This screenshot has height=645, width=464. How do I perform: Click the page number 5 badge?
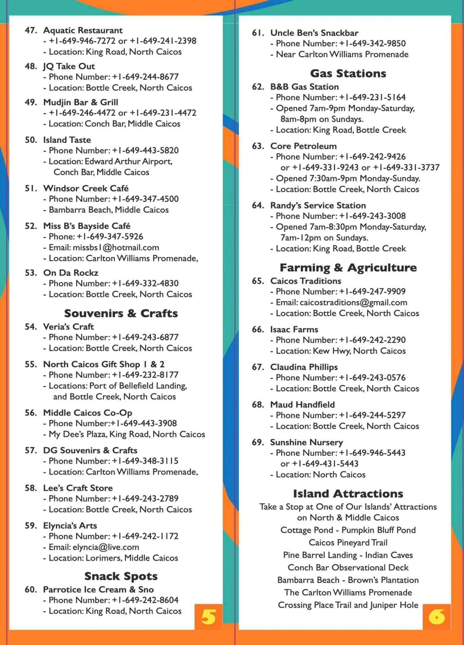click(208, 616)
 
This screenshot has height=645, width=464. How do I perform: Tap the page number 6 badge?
click(437, 616)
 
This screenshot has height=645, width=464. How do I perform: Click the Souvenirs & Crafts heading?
click(121, 313)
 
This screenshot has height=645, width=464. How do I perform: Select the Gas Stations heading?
click(348, 73)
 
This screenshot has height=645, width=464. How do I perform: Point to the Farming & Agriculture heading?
click(348, 267)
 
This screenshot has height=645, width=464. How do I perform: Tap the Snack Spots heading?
click(121, 576)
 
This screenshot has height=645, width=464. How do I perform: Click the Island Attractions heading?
click(348, 493)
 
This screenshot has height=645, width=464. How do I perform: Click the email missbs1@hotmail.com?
click(116, 247)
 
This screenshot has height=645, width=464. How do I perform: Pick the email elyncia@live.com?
click(106, 547)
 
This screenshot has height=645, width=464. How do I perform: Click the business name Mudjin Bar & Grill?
click(80, 102)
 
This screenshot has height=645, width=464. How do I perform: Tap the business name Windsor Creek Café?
click(86, 188)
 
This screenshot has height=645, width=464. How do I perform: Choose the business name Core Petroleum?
click(303, 146)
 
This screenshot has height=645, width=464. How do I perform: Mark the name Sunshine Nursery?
click(306, 442)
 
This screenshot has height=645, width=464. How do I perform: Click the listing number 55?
click(31, 364)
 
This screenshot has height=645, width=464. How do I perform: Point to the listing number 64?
click(258, 205)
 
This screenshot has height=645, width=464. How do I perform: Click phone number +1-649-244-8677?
click(145, 77)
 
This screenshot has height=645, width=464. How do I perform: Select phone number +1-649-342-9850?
click(372, 43)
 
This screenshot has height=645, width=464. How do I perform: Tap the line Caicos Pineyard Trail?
click(348, 542)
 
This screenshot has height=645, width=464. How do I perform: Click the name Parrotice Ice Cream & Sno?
click(98, 589)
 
